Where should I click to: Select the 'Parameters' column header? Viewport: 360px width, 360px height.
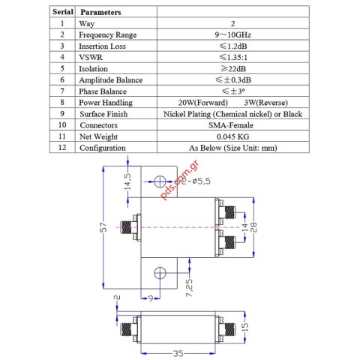click(100, 13)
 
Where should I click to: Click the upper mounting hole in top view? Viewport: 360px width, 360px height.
click(159, 181)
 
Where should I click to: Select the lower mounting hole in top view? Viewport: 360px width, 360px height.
click(159, 273)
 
